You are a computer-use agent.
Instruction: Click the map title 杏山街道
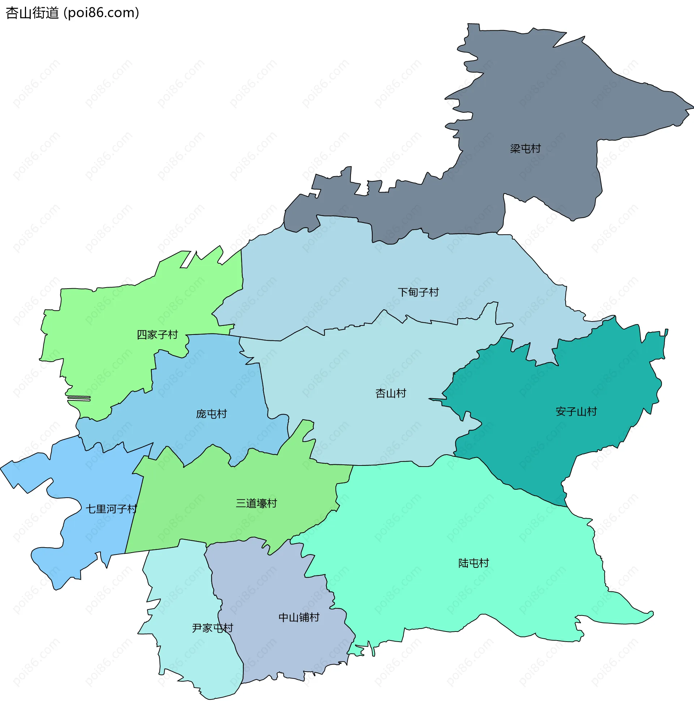coord(33,13)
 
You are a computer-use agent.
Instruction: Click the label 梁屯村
coord(525,149)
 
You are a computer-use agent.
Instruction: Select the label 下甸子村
coord(418,293)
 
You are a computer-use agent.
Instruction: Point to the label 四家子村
coord(157,335)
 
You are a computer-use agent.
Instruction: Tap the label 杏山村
coord(391,394)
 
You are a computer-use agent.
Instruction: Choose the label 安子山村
coord(576,412)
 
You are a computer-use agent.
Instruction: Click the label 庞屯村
coord(211,414)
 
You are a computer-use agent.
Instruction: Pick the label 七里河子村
coord(111,509)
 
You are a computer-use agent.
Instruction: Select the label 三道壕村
coord(257,503)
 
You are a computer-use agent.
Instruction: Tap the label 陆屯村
coord(474,563)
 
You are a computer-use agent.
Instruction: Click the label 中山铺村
coord(299,617)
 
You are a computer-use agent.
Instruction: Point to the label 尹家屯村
coord(213,628)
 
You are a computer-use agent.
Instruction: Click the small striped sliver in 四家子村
coord(79,398)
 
